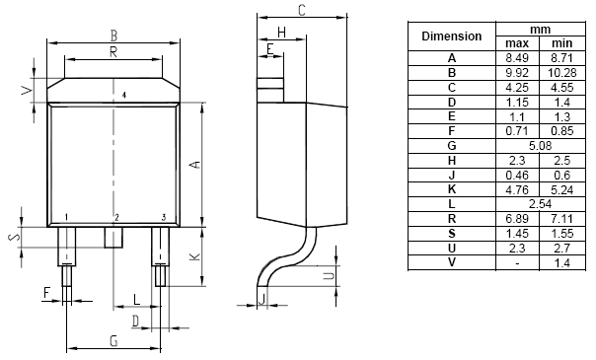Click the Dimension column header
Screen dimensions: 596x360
[452, 36]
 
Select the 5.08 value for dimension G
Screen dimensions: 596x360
[540, 146]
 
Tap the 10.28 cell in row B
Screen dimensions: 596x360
[562, 73]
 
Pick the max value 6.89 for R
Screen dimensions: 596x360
[517, 219]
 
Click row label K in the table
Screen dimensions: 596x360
[452, 189]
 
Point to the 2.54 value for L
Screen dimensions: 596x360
[540, 204]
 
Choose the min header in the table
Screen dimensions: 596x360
[562, 43]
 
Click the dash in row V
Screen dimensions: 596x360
[517, 262]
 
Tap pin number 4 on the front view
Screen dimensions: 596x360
[124, 95]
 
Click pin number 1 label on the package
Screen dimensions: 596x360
[66, 217]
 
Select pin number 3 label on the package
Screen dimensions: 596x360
[164, 217]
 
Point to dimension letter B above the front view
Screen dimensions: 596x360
[113, 36]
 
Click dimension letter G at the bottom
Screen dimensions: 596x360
[113, 341]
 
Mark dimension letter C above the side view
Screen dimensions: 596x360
[301, 10]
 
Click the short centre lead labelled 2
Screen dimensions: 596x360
[113, 238]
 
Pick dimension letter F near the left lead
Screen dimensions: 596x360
[46, 292]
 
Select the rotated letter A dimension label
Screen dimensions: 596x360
[195, 165]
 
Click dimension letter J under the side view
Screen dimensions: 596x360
[261, 299]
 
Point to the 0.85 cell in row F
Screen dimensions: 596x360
[562, 131]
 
